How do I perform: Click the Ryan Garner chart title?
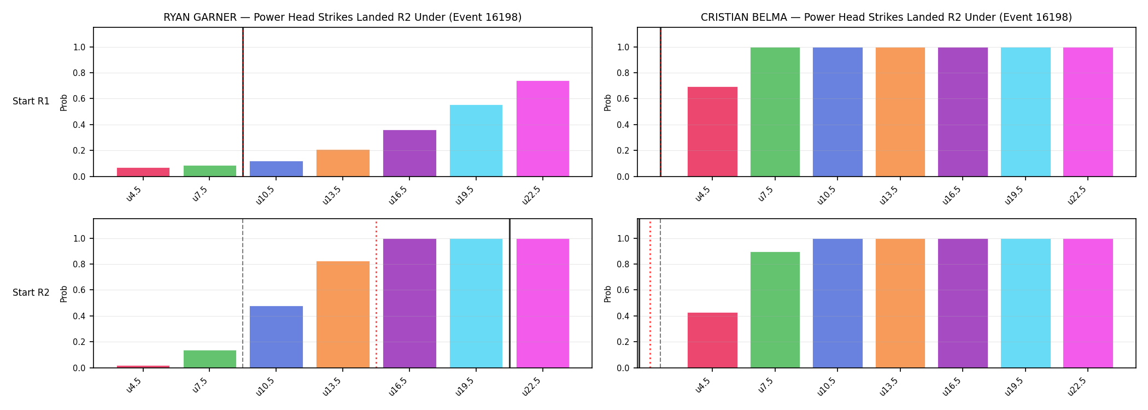[342, 17]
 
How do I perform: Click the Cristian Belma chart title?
[886, 17]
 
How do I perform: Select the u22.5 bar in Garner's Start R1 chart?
[543, 128]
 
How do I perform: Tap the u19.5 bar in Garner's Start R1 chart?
[476, 140]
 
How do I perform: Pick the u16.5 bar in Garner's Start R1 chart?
[409, 153]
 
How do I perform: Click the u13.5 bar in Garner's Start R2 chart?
[343, 314]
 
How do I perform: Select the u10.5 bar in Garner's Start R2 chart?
[276, 337]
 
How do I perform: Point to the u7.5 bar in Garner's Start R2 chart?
[210, 359]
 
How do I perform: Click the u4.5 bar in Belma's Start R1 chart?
[712, 132]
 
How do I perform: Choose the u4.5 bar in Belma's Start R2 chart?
[712, 340]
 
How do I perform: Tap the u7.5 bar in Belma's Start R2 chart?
[775, 310]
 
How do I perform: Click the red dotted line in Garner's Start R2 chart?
[376, 294]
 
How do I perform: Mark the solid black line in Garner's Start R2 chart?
[509, 294]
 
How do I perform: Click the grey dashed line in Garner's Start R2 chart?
[243, 294]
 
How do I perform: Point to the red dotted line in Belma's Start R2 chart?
[650, 294]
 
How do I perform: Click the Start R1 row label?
[31, 102]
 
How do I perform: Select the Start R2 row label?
[31, 293]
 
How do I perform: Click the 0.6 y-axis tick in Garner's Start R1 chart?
[79, 99]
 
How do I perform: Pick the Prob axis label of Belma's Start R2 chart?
[608, 294]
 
